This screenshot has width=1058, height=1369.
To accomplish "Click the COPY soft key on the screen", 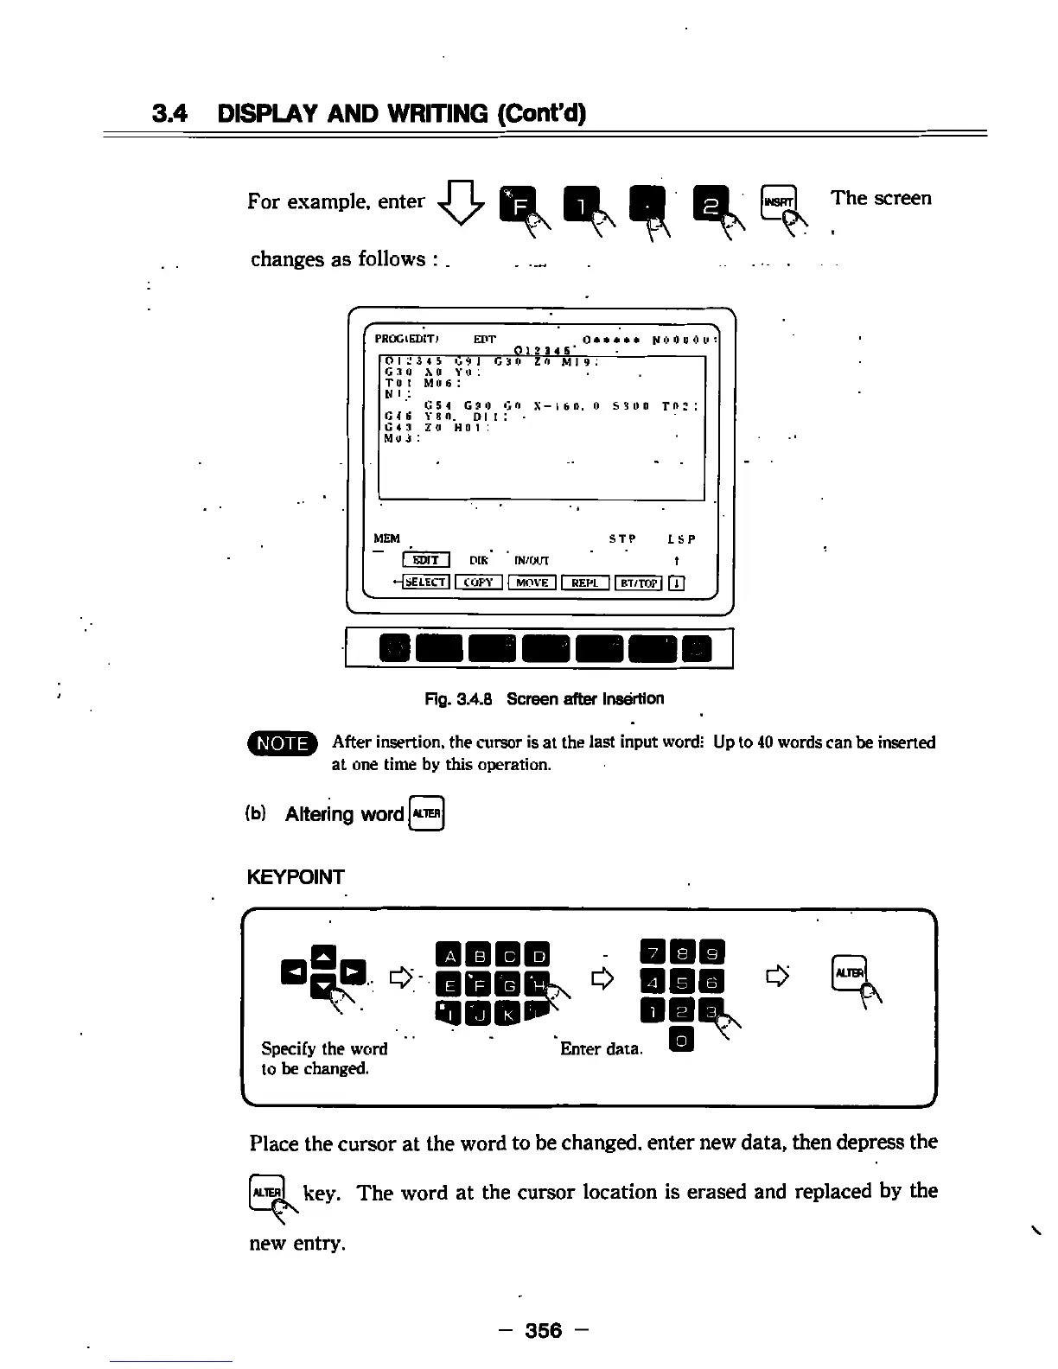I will [478, 583].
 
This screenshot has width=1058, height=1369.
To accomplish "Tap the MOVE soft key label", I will [532, 583].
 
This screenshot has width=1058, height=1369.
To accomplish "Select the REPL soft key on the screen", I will [585, 583].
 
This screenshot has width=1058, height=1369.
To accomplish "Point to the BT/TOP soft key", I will [638, 583].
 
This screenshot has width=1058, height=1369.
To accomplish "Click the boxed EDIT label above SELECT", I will [426, 560].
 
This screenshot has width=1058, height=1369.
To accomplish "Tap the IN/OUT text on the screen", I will [532, 560].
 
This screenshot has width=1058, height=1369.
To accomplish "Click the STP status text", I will [621, 539].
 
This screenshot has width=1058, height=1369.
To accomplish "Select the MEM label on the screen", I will [386, 538].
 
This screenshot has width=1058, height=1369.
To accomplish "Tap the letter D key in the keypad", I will [539, 956].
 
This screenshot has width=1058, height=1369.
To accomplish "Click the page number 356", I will [544, 1330].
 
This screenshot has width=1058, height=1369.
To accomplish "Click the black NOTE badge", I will [283, 743].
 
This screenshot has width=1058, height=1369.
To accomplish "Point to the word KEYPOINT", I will [296, 877].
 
